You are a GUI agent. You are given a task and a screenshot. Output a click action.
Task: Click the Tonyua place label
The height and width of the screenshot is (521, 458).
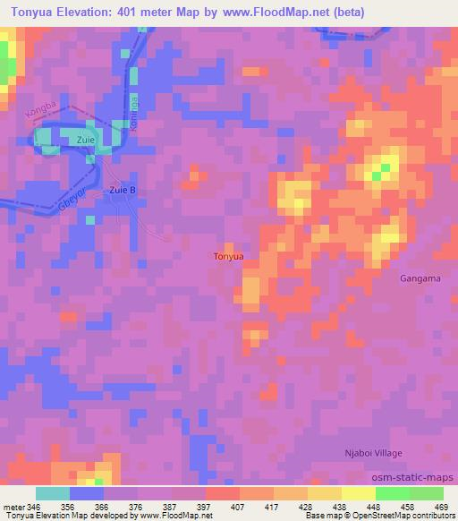229,257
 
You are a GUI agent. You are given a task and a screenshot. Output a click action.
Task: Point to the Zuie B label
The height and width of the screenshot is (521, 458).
123,190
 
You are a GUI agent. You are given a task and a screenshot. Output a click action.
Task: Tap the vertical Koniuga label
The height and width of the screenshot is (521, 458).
135,114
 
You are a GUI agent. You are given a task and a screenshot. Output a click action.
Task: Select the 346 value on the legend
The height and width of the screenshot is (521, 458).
32,507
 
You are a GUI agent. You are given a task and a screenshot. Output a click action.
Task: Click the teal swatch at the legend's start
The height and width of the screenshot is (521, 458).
53,493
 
